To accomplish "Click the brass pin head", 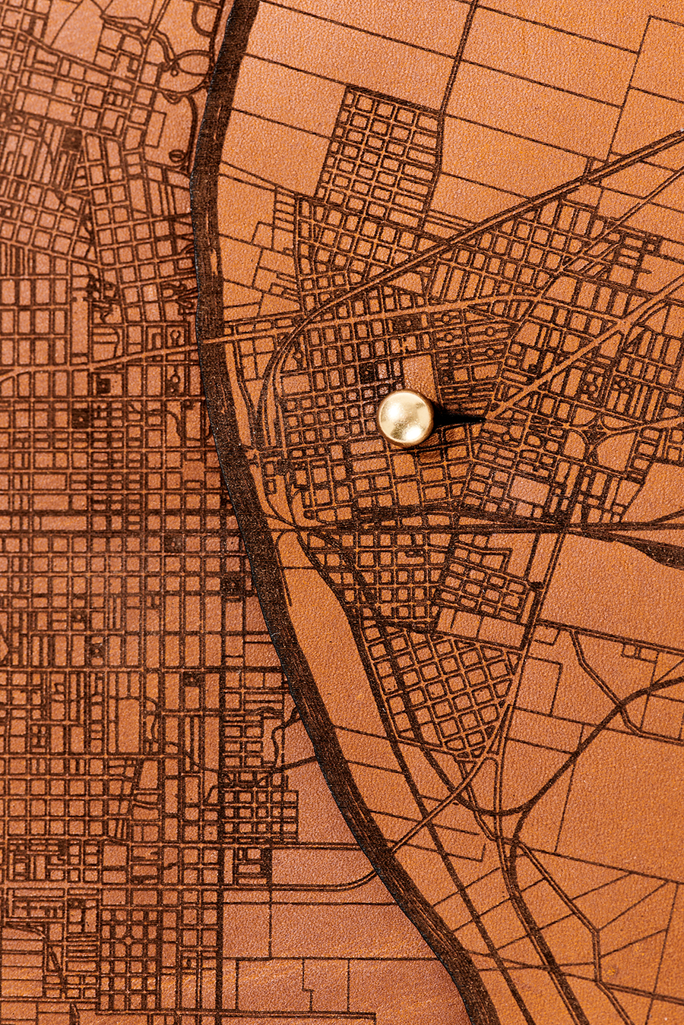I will click(x=405, y=417).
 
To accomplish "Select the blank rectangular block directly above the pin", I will click(x=417, y=371).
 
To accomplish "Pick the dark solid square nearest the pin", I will click(x=369, y=372).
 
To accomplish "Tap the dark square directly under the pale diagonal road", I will click(x=103, y=384).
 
